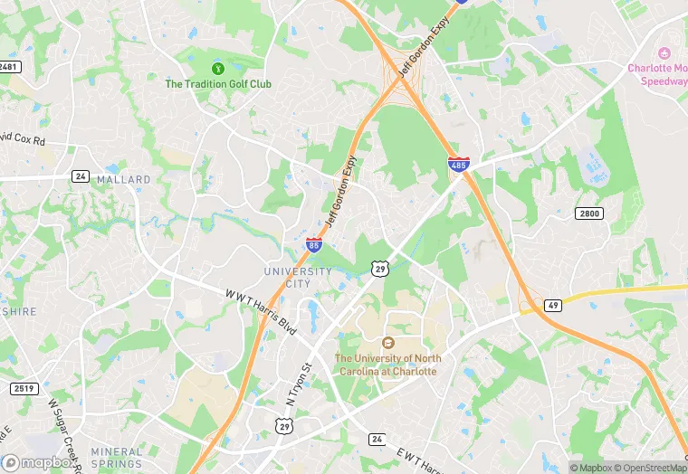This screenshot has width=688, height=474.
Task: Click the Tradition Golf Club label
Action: tap(217, 84)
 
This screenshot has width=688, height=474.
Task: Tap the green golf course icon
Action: tap(217, 68)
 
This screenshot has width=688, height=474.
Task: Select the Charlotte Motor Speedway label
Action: tap(658, 74)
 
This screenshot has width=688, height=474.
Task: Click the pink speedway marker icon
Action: tap(664, 53)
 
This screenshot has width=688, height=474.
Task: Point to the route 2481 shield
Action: tap(8, 67)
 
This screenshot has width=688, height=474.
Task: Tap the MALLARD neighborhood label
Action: tap(124, 180)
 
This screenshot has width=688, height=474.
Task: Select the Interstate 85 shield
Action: tap(313, 244)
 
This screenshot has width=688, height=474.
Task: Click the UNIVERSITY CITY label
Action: tap(298, 277)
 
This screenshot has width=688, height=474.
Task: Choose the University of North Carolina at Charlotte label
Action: tap(387, 365)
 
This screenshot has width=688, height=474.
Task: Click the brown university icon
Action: tap(387, 343)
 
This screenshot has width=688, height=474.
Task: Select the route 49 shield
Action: tap(552, 306)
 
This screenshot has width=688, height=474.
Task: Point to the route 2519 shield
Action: tap(24, 389)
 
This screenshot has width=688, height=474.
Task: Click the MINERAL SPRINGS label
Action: tap(117, 458)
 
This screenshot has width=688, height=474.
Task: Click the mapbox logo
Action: tap(38, 462)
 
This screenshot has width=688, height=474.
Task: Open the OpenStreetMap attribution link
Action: tap(650, 468)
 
